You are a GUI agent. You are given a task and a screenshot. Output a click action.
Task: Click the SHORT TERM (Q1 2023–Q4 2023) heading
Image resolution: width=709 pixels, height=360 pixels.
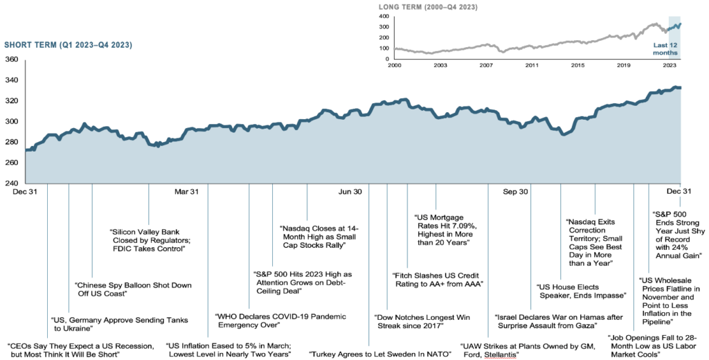point(68,45)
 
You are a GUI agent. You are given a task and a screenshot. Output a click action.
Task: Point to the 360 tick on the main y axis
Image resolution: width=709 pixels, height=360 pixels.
point(12,60)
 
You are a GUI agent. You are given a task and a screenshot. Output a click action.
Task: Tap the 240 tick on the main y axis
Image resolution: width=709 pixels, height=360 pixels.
point(12,183)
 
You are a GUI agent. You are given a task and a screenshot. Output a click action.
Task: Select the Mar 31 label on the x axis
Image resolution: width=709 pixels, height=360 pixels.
point(186,192)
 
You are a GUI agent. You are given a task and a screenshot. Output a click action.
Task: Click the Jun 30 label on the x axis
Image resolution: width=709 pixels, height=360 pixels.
point(348,192)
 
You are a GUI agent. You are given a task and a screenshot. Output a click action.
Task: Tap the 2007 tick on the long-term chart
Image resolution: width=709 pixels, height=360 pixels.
point(487,66)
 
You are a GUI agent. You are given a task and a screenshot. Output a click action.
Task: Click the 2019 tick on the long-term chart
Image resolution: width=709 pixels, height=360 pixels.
point(625,66)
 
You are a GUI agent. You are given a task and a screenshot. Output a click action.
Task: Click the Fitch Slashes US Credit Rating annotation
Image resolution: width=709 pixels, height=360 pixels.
point(437,279)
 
